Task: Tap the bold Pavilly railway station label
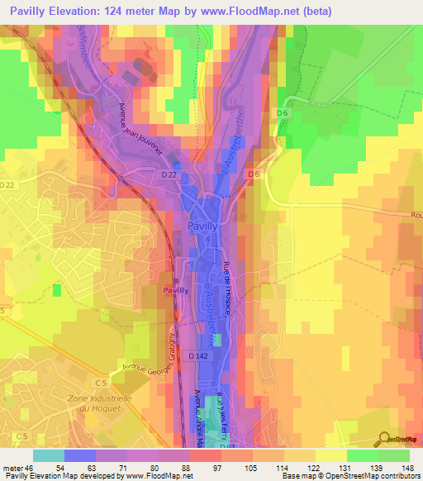click(176, 291)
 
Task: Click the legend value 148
click(408, 468)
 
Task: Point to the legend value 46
click(32, 468)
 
